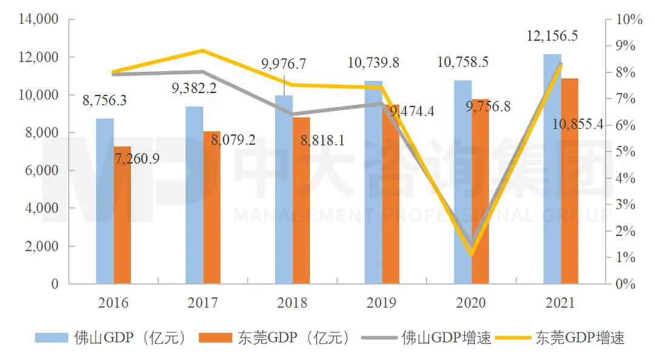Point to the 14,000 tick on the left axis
39,20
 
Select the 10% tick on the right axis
629,20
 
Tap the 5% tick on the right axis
626,152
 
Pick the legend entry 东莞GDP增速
571,338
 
